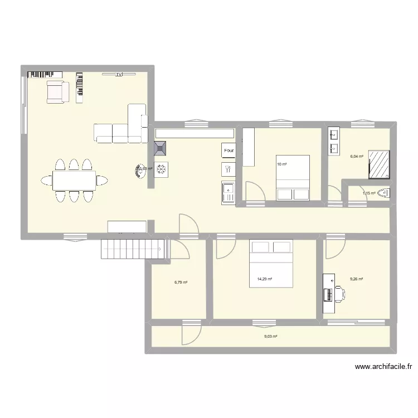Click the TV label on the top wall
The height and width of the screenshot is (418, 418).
coord(119,74)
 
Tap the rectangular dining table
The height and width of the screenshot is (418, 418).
coord(74,179)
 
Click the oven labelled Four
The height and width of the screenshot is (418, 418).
coord(229,150)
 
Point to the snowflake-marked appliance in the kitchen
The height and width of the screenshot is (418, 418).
coord(161,169)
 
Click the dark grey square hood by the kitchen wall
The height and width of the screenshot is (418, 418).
coord(161,148)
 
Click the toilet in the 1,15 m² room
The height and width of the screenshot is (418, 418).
coord(384,193)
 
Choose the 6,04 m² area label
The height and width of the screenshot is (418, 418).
coord(356,157)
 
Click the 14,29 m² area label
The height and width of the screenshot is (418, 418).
coord(264,279)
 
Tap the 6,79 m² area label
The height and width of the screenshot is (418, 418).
coord(181,282)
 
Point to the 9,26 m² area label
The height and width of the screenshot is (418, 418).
coord(356,279)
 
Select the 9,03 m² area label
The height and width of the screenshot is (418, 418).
coord(270,336)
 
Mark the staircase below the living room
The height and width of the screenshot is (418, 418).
coord(133,248)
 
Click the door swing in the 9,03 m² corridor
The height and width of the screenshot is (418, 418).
coord(189,333)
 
